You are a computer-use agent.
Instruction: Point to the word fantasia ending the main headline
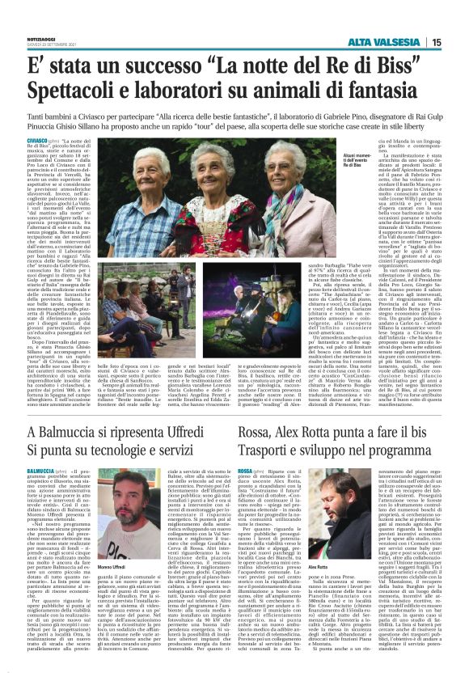tap(410, 92)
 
